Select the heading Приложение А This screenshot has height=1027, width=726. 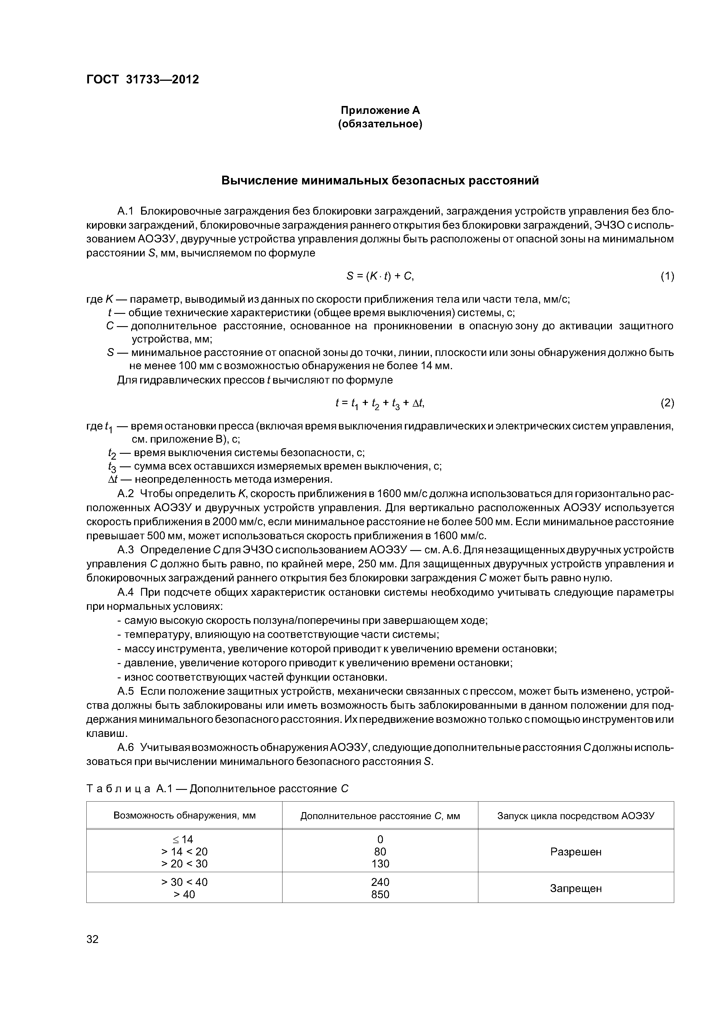click(380, 110)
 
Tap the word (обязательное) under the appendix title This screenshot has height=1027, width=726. click(380, 124)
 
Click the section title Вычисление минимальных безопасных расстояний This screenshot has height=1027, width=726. click(380, 180)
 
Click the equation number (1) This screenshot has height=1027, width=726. click(667, 276)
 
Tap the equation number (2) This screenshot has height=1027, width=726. click(667, 403)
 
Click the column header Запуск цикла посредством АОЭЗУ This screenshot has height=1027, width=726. click(576, 816)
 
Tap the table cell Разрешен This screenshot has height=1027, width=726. click(576, 852)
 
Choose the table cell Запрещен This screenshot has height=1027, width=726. click(576, 888)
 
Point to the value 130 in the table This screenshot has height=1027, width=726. click(380, 864)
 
